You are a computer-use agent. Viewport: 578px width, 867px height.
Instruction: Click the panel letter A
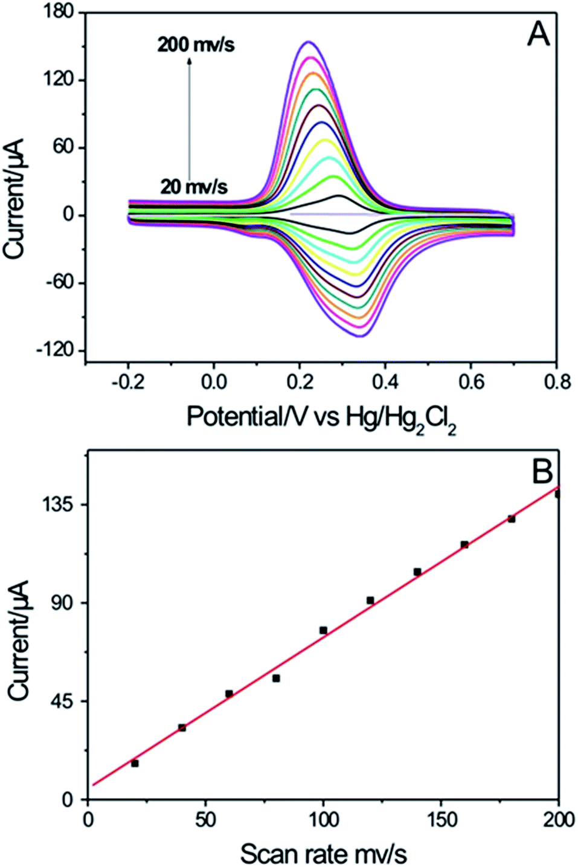(538, 34)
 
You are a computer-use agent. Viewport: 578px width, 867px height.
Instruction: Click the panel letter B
(542, 471)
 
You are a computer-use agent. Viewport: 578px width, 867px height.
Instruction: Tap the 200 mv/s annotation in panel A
(196, 44)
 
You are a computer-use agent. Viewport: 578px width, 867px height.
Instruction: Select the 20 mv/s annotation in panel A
(194, 186)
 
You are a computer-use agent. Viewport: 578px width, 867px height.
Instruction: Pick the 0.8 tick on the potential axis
(556, 382)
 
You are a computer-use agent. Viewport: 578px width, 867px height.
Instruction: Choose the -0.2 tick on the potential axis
(128, 382)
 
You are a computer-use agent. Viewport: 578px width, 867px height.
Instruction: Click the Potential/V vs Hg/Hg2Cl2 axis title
(321, 418)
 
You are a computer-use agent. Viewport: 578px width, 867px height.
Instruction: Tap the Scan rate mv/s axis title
(323, 854)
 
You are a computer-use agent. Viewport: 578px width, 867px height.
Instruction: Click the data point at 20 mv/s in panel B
(135, 763)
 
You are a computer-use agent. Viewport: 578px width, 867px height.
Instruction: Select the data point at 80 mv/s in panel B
(276, 678)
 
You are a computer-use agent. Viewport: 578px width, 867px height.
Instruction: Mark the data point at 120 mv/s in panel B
(370, 600)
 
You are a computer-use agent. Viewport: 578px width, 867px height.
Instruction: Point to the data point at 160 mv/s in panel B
(464, 544)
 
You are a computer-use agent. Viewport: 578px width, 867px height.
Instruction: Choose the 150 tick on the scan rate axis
(440, 820)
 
